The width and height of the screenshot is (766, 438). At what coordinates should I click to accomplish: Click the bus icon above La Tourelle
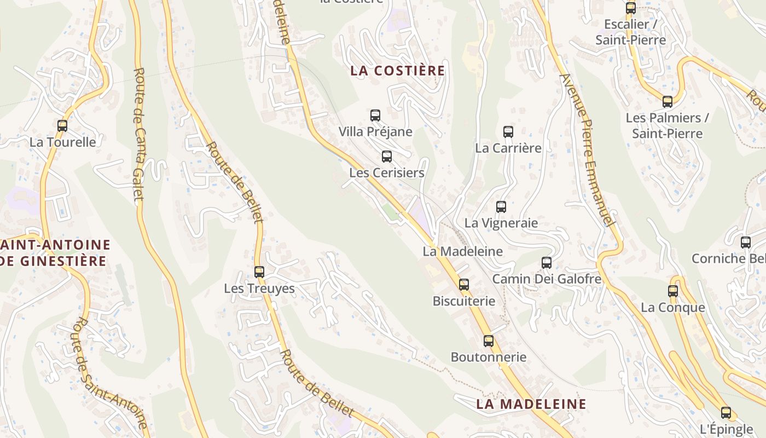point(62,126)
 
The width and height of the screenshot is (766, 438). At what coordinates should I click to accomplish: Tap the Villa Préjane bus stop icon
point(375,116)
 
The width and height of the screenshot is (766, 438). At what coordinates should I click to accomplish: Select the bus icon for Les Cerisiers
point(387,157)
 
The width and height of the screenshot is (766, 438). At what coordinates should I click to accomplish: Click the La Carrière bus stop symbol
point(508,132)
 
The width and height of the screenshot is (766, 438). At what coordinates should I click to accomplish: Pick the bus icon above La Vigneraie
point(501,207)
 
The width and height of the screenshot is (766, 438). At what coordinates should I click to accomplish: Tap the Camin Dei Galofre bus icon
point(547,263)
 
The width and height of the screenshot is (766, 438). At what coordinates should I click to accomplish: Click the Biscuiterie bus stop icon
point(464,285)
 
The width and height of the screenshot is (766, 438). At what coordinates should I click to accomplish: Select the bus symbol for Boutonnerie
point(489,341)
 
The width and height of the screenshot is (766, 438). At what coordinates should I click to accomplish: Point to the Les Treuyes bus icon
point(259,272)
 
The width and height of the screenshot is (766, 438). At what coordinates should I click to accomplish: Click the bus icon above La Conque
point(673,291)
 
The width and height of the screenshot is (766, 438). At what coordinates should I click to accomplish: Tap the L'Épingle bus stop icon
point(726,413)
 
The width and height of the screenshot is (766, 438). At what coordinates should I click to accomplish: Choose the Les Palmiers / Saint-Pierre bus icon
point(668,102)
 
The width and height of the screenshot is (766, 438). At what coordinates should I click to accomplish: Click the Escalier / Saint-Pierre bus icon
point(631,8)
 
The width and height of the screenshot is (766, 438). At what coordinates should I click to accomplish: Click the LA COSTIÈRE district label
point(398,71)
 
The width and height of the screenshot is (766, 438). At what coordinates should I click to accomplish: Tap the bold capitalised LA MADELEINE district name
point(531,404)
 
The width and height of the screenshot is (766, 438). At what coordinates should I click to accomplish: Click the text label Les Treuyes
point(259,289)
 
